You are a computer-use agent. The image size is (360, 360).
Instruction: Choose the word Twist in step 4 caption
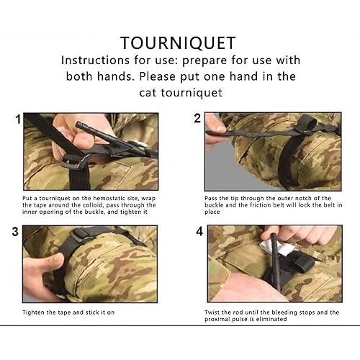pos(213,312)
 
